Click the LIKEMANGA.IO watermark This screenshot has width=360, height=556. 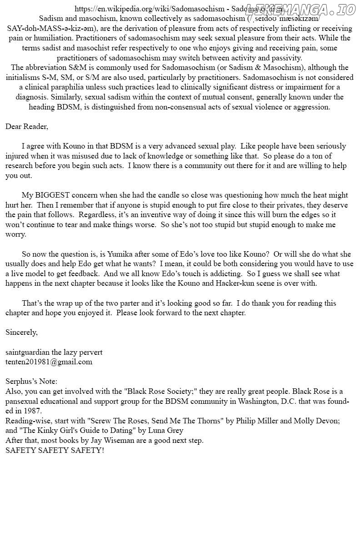300,10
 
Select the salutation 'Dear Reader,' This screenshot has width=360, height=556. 26,126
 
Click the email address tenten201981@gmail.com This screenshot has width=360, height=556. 49,362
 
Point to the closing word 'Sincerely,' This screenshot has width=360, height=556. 21,332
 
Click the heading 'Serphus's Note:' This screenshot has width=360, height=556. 31,381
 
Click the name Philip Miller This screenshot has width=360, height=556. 256,421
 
